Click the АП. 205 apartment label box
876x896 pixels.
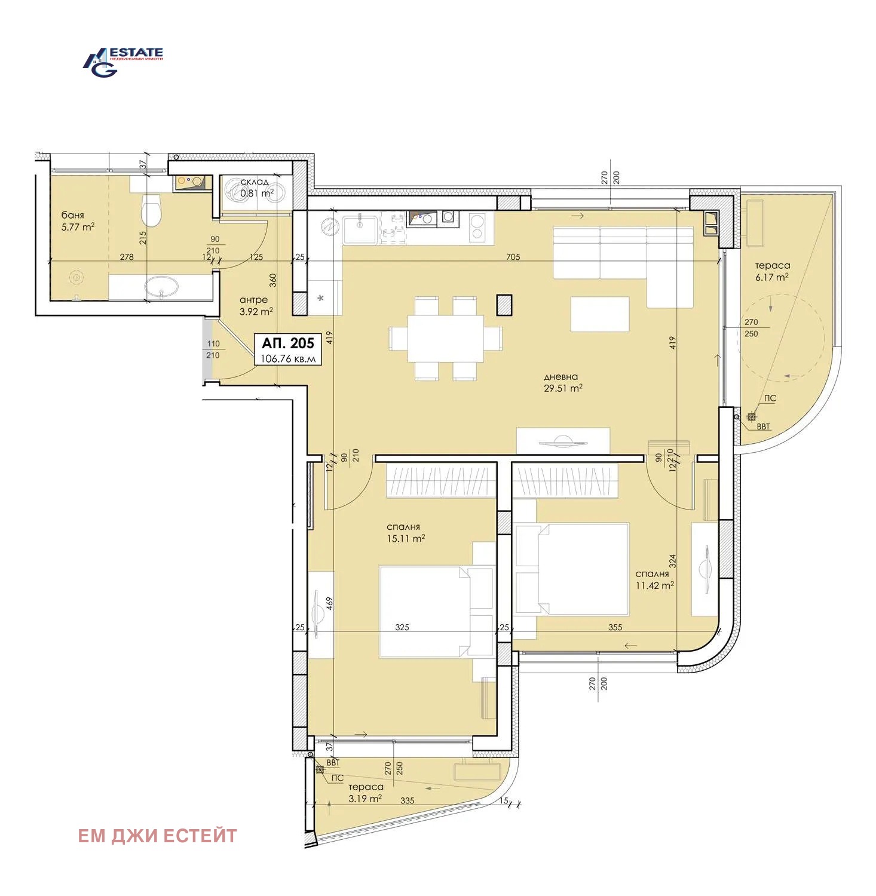click(288, 349)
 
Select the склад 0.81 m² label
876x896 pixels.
click(256, 188)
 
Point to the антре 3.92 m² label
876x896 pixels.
click(256, 305)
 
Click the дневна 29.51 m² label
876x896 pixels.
click(562, 382)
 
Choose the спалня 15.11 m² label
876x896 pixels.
click(405, 532)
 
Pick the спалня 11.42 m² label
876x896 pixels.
click(654, 579)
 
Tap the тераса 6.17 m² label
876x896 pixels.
click(771, 271)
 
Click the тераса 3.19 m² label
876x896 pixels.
click(365, 793)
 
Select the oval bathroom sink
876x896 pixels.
click(161, 286)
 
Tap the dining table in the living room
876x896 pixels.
click(445, 339)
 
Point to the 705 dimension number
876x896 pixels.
click(513, 257)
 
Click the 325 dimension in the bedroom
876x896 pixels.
click(402, 627)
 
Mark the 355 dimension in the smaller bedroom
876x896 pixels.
click(615, 627)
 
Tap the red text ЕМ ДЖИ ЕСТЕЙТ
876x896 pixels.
click(157, 836)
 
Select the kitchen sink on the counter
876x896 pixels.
click(360, 229)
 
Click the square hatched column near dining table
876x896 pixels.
click(504, 305)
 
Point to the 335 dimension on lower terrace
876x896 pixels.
click(407, 800)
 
